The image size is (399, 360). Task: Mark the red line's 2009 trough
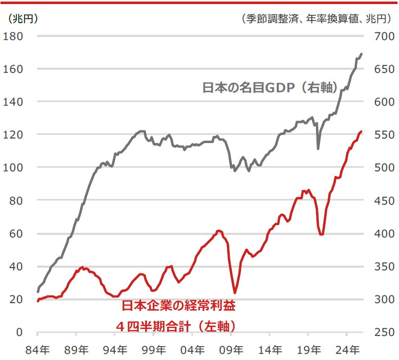[x=235, y=293]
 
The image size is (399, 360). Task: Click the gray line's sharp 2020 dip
[x=318, y=149]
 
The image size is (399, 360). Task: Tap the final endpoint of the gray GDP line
[x=362, y=54]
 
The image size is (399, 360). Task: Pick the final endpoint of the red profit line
[x=362, y=132]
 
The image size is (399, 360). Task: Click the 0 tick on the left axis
[x=19, y=332]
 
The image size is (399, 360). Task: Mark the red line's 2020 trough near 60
[x=321, y=234]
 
